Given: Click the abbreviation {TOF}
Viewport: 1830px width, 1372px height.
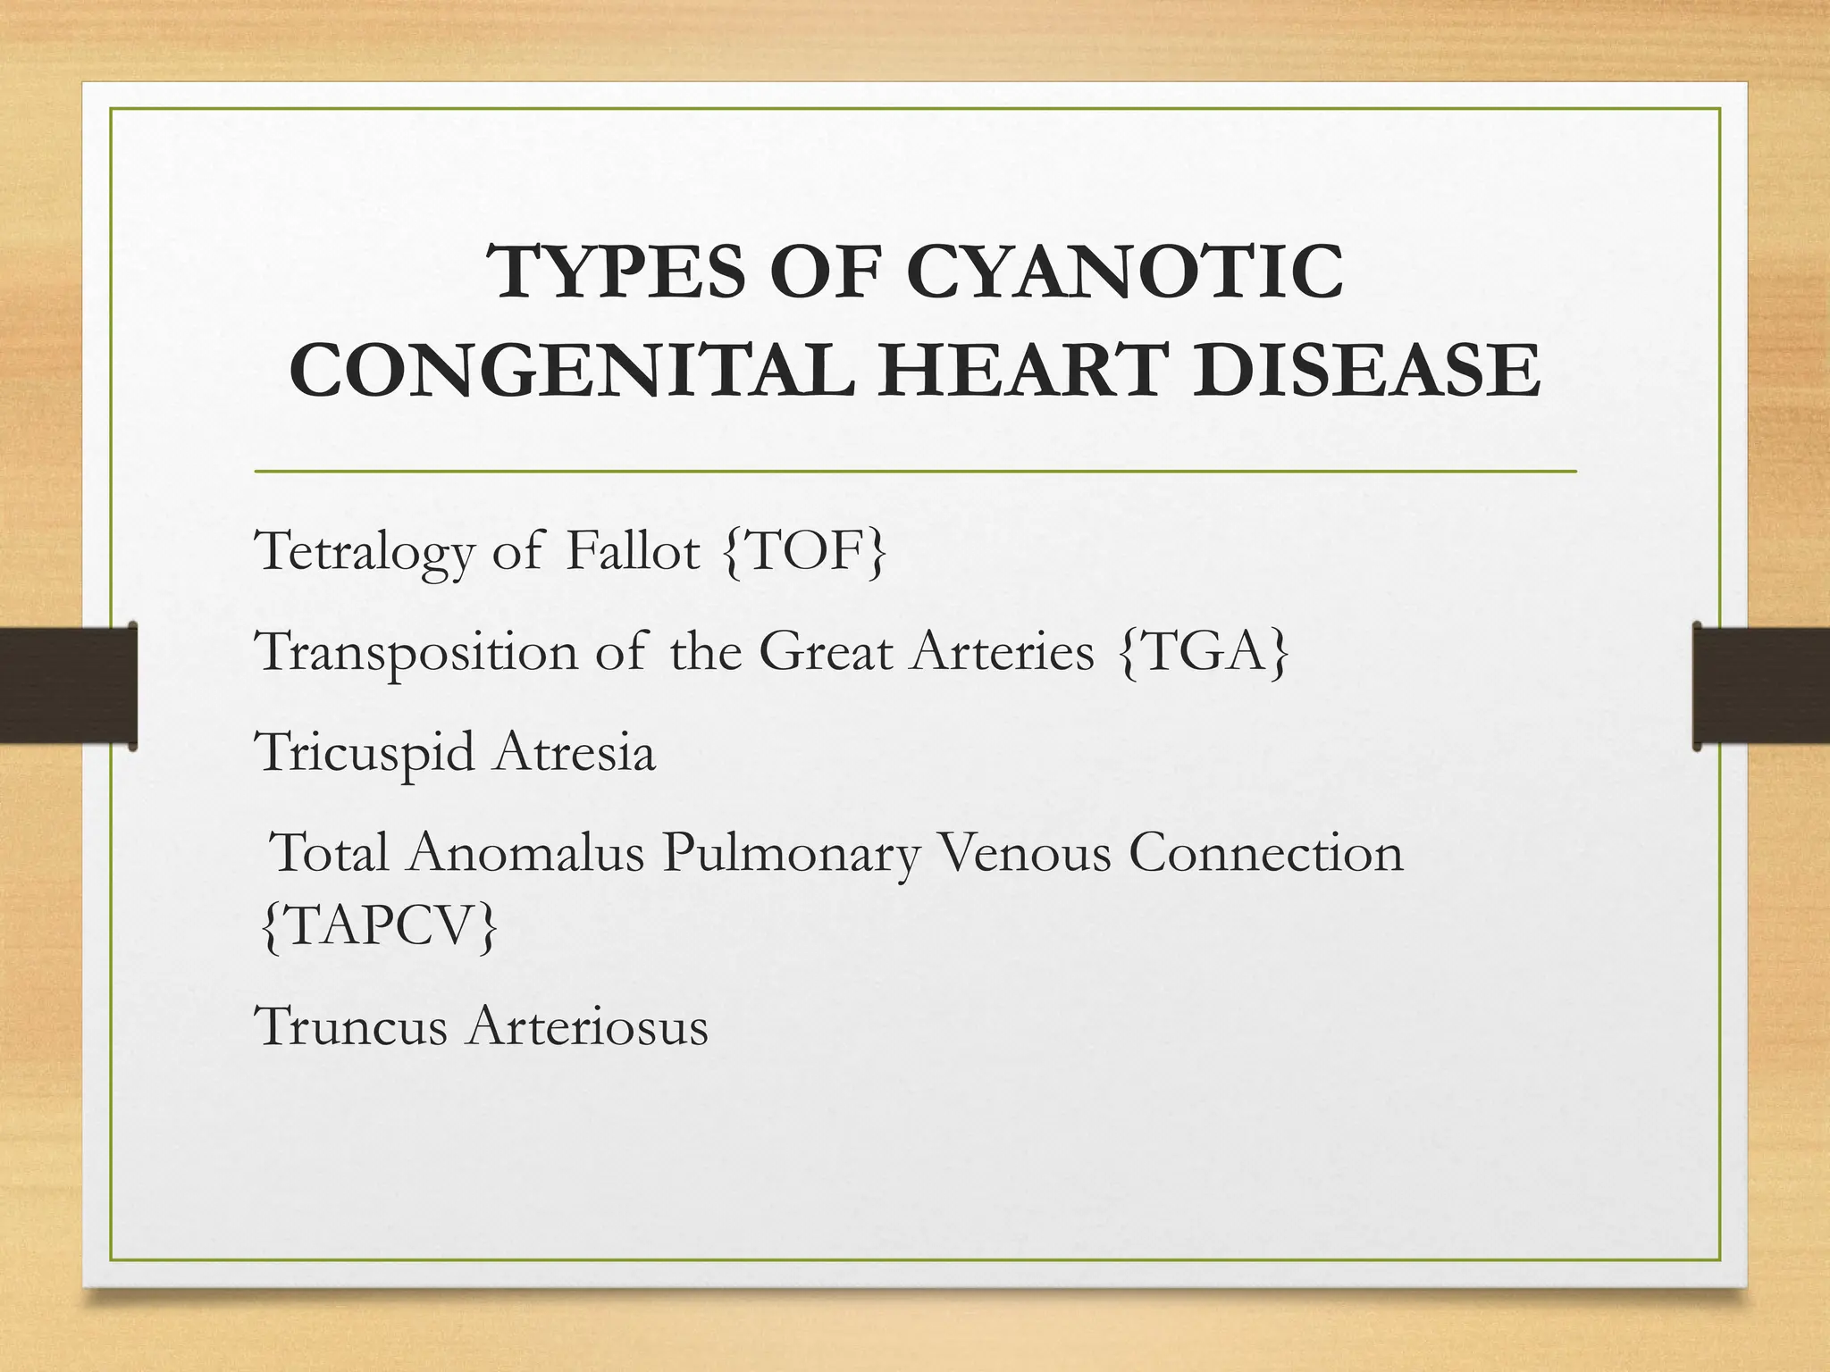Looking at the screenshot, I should pos(804,552).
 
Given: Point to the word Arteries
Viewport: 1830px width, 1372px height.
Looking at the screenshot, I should pos(1002,652).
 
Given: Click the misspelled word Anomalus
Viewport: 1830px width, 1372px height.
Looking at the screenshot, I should pos(526,852).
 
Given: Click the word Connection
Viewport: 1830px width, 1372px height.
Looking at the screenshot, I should pos(1265,852).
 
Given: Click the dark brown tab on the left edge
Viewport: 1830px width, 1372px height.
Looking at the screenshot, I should pos(67,685).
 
